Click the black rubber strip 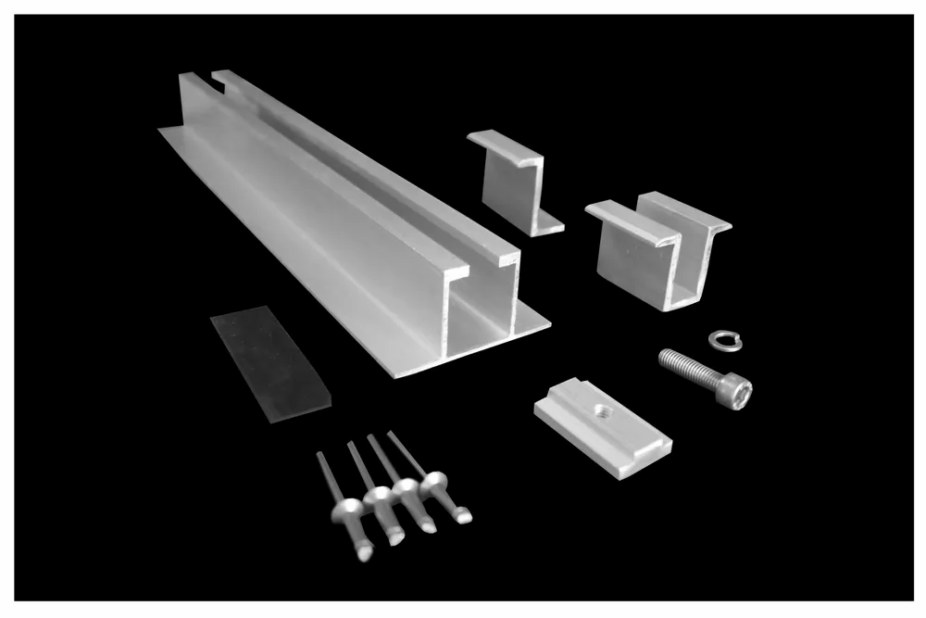point(269,363)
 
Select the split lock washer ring point(725,340)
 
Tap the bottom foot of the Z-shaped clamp point(546,225)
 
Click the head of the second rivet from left point(379,498)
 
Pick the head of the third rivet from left point(407,489)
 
